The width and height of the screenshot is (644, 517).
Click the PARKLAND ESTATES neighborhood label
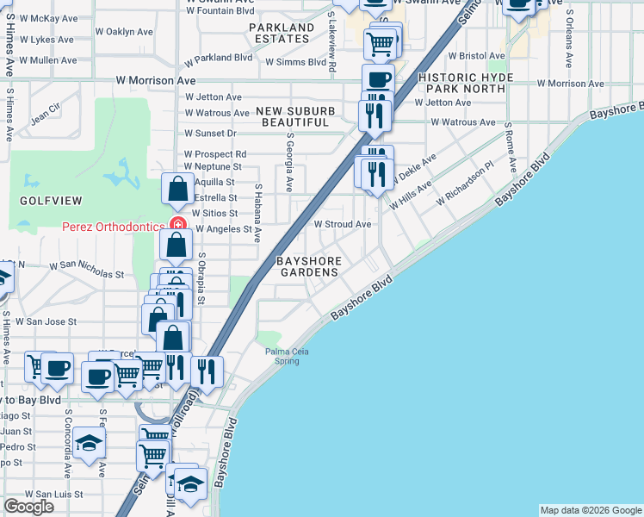tap(282, 34)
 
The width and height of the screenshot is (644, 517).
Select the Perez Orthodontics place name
tap(112, 227)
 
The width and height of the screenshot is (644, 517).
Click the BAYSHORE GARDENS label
tap(307, 266)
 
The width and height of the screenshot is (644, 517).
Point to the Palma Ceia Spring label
tap(287, 356)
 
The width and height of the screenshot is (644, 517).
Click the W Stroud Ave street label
tap(342, 224)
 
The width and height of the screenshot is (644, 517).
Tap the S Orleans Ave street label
tap(569, 40)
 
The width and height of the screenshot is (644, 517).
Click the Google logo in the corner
tap(28, 507)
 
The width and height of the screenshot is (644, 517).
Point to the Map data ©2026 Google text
tap(591, 510)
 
